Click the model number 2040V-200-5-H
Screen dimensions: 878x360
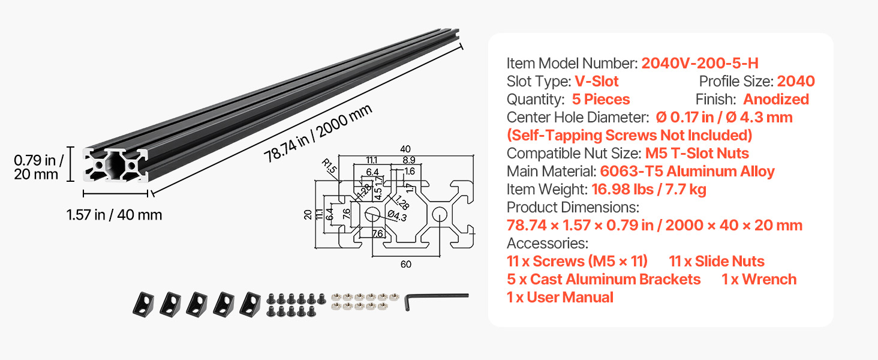(700, 63)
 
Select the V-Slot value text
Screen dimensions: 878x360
(596, 81)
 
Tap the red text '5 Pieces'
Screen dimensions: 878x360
(600, 99)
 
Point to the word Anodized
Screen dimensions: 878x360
(775, 99)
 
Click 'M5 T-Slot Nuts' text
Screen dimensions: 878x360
(697, 154)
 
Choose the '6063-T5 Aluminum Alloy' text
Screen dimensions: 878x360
(687, 172)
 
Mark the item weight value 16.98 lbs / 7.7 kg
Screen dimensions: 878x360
(649, 190)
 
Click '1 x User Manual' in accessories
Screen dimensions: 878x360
(560, 297)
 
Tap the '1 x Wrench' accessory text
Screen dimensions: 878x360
(759, 279)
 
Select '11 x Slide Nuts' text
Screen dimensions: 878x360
(717, 261)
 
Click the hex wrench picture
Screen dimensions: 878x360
(436, 301)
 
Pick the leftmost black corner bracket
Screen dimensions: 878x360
(143, 304)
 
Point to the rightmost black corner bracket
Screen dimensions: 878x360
(250, 304)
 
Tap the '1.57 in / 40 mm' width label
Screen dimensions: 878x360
(114, 215)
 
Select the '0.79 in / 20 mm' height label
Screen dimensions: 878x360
(38, 167)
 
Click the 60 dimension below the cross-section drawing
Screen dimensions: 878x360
(406, 265)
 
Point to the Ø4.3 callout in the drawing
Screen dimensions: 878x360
(397, 215)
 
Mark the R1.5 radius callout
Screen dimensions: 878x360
(329, 166)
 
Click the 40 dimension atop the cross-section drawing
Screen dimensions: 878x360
(405, 149)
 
